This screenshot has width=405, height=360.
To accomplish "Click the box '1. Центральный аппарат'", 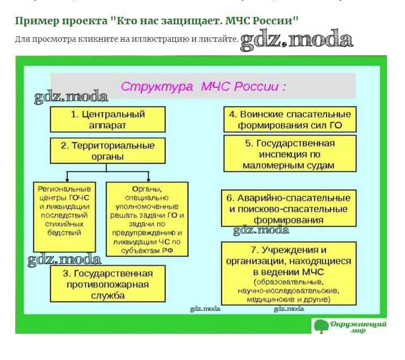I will point(107,119).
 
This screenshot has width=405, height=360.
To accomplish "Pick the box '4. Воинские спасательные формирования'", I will point(290,119).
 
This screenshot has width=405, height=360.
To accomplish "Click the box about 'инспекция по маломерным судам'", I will point(290,154).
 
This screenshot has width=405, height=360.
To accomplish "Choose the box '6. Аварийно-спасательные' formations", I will point(290,207).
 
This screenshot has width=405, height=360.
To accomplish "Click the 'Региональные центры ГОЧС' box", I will point(64,215).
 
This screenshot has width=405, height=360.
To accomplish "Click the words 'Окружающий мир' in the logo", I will point(358,327).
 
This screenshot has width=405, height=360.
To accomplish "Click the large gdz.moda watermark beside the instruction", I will point(296,40).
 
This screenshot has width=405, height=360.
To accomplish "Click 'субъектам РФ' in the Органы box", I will point(147,250).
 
